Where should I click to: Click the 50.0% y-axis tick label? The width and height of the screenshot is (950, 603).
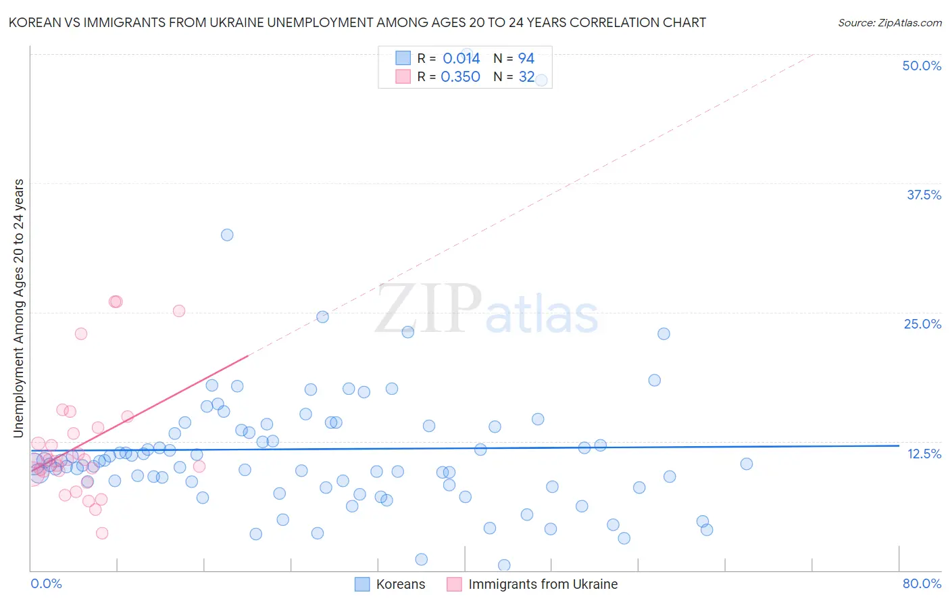[922, 66]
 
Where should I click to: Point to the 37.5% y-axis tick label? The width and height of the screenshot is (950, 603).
[924, 195]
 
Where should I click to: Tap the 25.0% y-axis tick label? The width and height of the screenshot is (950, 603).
[922, 324]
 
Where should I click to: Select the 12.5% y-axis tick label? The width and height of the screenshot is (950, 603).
[924, 454]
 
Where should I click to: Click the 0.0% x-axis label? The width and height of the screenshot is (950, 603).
[46, 583]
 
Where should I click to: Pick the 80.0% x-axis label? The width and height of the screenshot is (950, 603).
[922, 583]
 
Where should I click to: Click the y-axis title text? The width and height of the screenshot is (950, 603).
[18, 308]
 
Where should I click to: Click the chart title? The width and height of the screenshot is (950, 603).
[357, 22]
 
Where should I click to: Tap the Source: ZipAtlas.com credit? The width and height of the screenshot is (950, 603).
[889, 22]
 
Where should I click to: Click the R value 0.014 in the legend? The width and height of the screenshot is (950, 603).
[461, 58]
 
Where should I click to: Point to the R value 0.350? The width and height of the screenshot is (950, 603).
[460, 77]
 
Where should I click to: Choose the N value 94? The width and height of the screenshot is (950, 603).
[526, 58]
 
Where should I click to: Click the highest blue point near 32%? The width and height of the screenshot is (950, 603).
[227, 235]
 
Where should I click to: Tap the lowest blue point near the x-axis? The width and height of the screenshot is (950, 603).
[504, 565]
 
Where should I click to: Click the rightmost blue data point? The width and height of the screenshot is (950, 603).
[747, 464]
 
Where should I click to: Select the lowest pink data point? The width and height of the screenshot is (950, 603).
[102, 533]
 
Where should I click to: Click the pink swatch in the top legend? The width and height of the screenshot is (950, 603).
[403, 77]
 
